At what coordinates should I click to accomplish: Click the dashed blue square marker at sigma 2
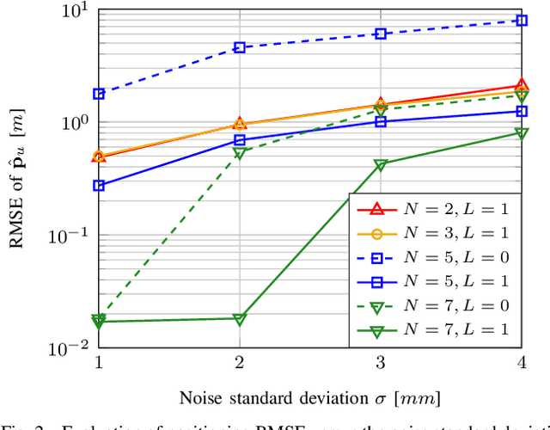click(240, 48)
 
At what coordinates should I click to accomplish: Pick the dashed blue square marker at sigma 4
click(522, 20)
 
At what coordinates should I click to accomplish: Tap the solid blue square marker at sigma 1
click(99, 186)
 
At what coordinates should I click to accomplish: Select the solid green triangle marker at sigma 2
click(240, 319)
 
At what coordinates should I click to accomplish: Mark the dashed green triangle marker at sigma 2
click(240, 153)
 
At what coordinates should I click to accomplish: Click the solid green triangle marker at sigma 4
click(522, 133)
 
